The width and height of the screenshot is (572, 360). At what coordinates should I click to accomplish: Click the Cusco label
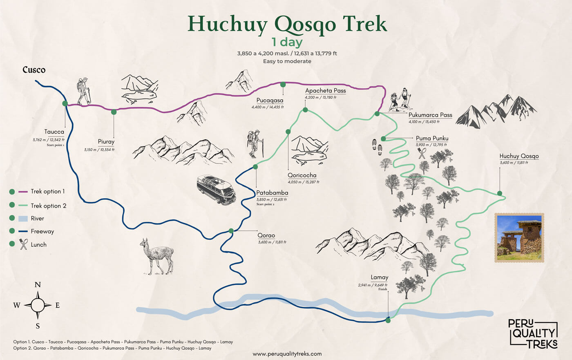point(34,70)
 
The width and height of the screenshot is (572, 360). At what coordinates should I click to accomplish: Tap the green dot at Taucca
point(65,103)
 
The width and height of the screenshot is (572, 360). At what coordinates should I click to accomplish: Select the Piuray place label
point(106,142)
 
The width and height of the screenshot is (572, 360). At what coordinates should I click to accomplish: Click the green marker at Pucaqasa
point(283,85)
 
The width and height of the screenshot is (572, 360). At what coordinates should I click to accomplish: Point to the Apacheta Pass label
point(325,91)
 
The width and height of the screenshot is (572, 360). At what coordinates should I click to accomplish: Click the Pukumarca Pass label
point(430,115)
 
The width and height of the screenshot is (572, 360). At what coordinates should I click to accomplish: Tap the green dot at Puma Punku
point(383,139)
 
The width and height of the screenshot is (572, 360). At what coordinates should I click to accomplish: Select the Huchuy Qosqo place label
point(519,156)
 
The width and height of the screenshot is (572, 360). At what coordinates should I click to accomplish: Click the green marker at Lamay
point(388,321)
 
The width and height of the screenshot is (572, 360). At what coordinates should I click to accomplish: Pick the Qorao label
point(266,235)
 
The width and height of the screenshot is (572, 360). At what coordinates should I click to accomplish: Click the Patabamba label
point(272,193)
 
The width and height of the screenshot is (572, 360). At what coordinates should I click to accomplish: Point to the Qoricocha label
point(302,175)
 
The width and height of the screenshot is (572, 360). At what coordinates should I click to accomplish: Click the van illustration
point(216,190)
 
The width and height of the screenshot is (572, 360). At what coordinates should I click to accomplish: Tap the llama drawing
point(156,256)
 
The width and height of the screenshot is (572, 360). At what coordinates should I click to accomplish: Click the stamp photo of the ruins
point(519,237)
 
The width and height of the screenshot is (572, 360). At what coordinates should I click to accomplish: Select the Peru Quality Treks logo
point(533,333)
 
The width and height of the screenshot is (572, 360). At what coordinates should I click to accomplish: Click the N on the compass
point(38,285)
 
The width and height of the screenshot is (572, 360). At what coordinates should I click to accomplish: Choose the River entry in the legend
point(37,219)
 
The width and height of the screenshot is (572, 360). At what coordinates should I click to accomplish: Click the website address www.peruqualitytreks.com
point(287,354)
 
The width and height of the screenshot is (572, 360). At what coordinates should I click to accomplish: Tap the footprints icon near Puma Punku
point(377,147)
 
